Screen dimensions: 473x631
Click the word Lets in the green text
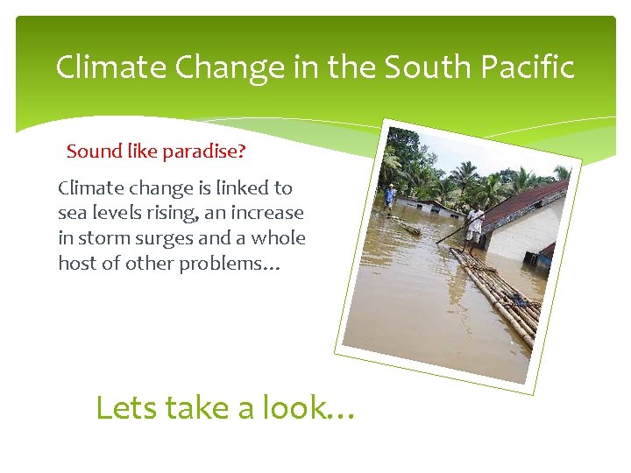click(124, 407)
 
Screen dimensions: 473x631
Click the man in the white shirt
click(474, 222)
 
